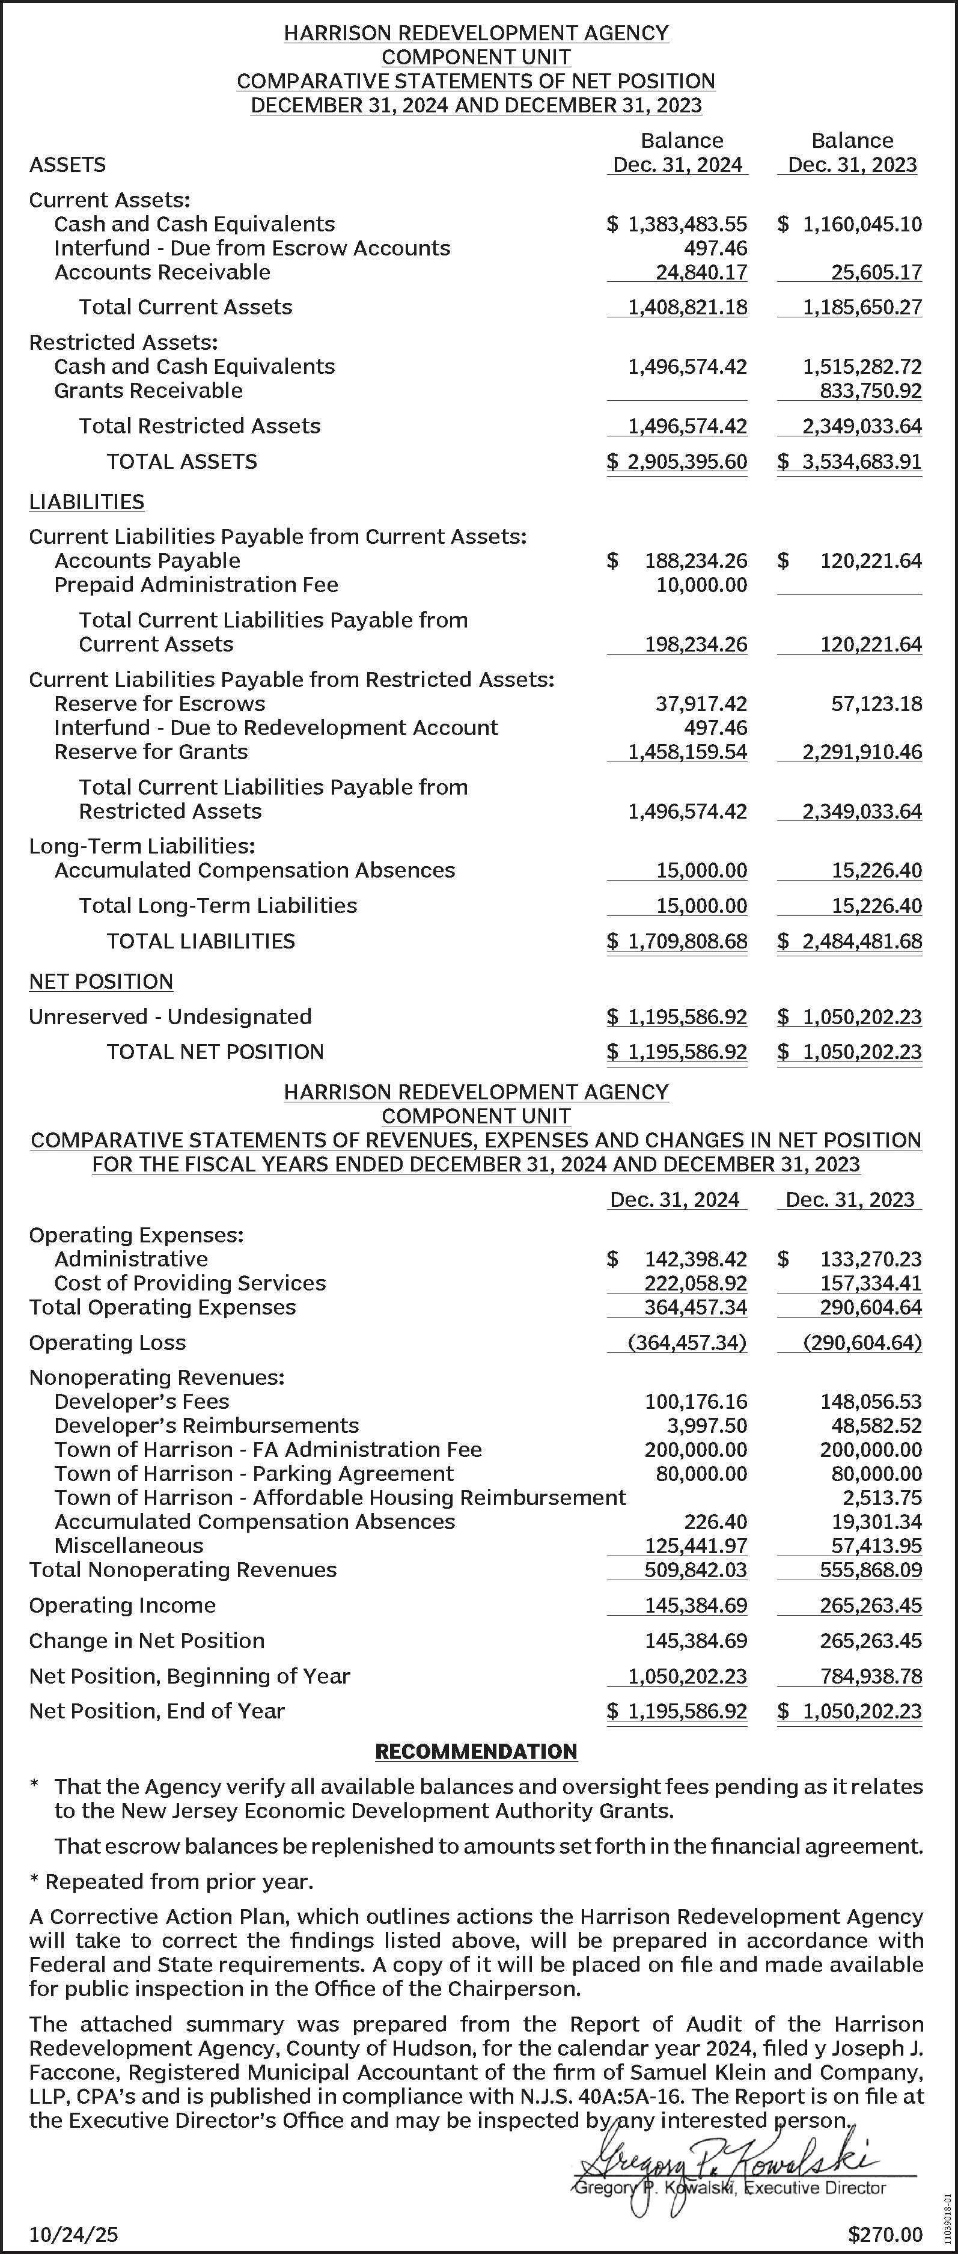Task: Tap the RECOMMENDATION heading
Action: click(476, 1751)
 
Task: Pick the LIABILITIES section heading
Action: click(87, 501)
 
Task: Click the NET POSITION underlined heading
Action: click(100, 981)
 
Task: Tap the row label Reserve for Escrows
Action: click(159, 703)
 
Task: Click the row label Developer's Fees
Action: click(142, 1401)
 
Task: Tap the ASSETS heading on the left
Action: click(67, 165)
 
